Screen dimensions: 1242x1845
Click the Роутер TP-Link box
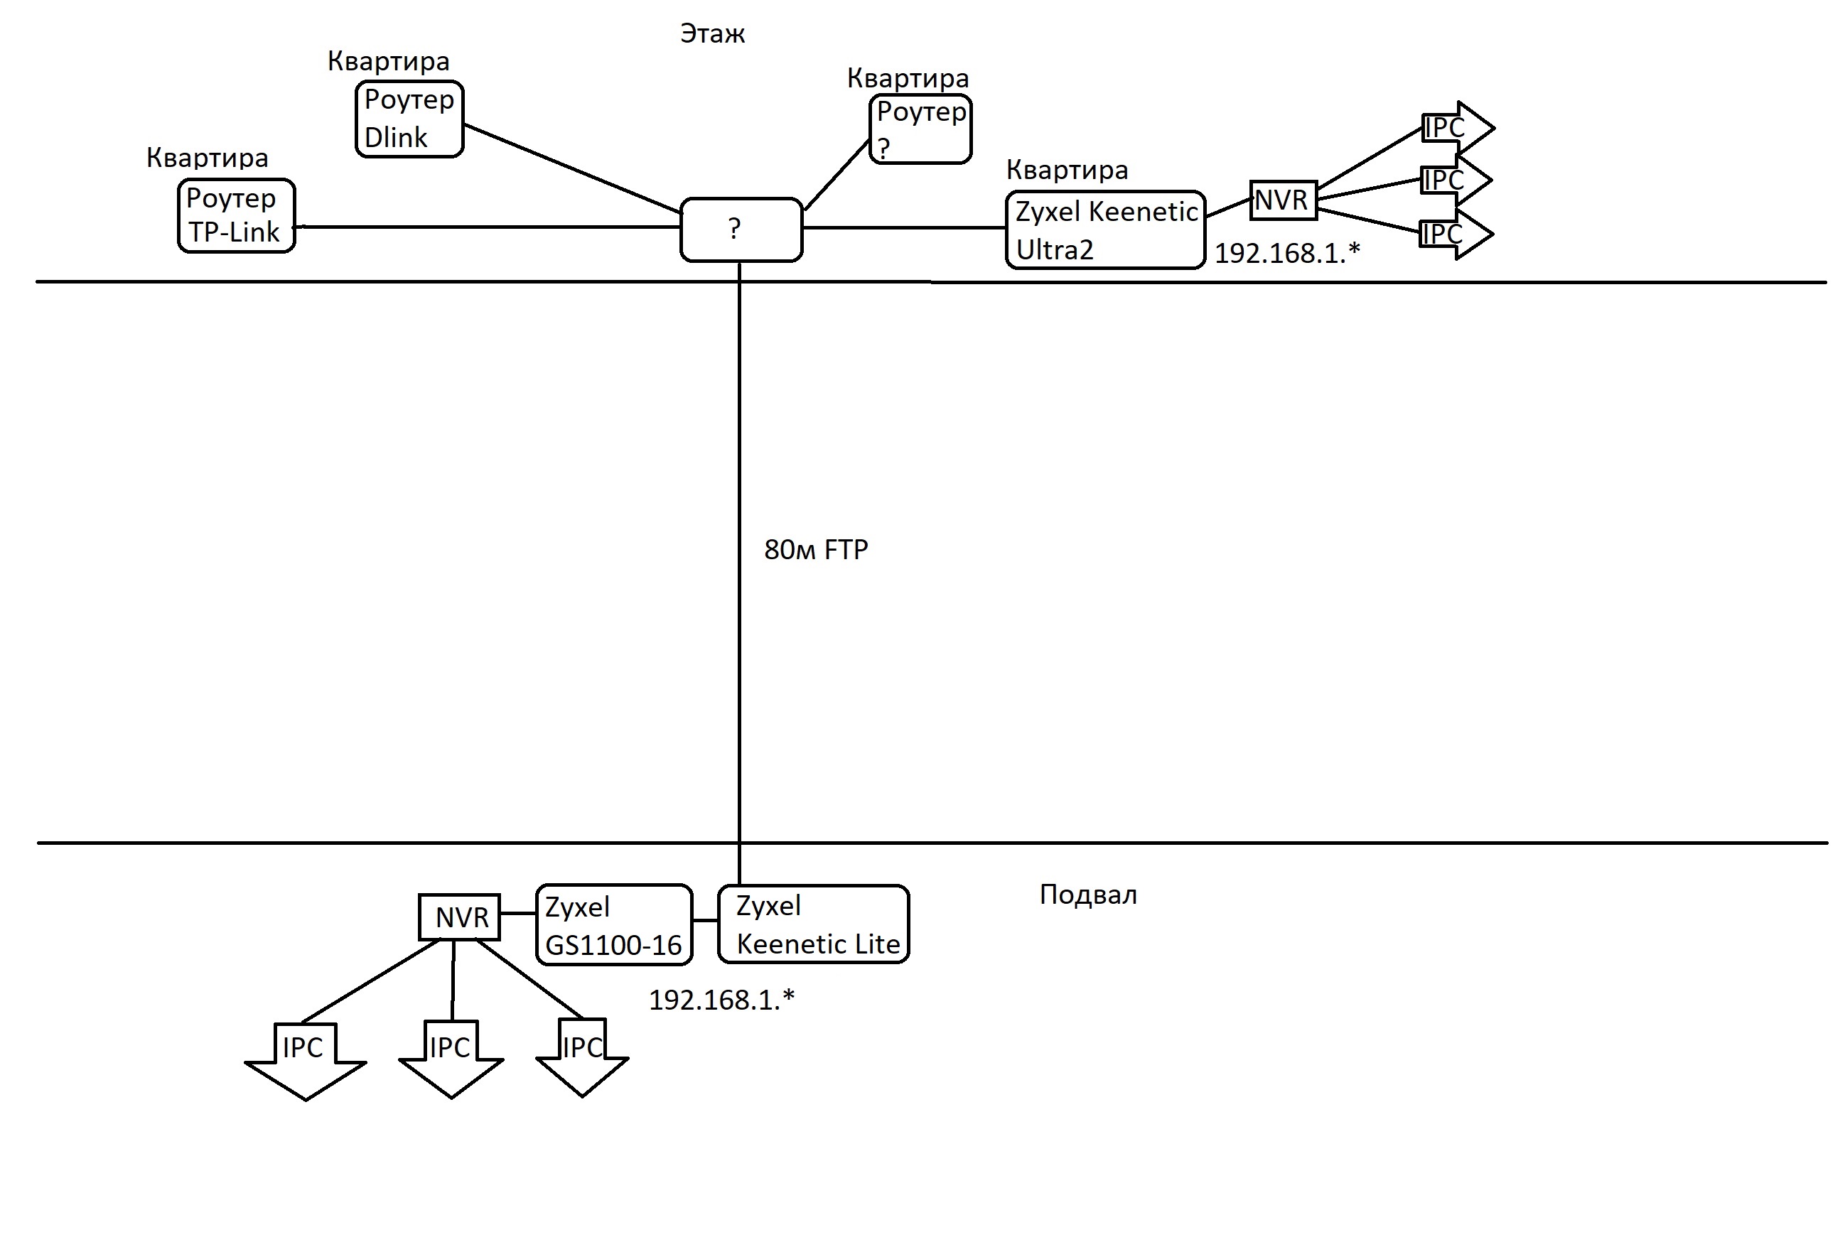pos(236,215)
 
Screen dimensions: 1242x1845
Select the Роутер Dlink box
pos(409,119)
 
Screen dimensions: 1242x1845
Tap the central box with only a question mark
pos(741,229)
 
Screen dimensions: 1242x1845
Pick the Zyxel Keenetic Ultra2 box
pos(1104,229)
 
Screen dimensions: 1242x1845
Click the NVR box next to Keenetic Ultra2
pos(1283,200)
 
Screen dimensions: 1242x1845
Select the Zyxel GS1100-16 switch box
pos(614,925)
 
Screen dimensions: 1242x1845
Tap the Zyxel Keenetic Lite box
pos(813,924)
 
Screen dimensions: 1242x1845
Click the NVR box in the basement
pos(459,917)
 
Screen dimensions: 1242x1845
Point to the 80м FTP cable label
pos(815,550)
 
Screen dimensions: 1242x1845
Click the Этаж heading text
pos(712,34)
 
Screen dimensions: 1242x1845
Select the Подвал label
pos(1087,895)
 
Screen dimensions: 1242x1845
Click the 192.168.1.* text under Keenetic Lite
pos(721,1000)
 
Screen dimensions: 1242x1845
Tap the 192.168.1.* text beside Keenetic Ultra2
pos(1286,254)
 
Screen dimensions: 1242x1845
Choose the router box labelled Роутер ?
pos(920,129)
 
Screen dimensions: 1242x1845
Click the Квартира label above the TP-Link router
pos(207,158)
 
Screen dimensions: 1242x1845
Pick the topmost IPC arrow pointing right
pos(1456,127)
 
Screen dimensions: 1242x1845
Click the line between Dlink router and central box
pos(572,168)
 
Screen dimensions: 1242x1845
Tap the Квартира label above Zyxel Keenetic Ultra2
pos(1066,170)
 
